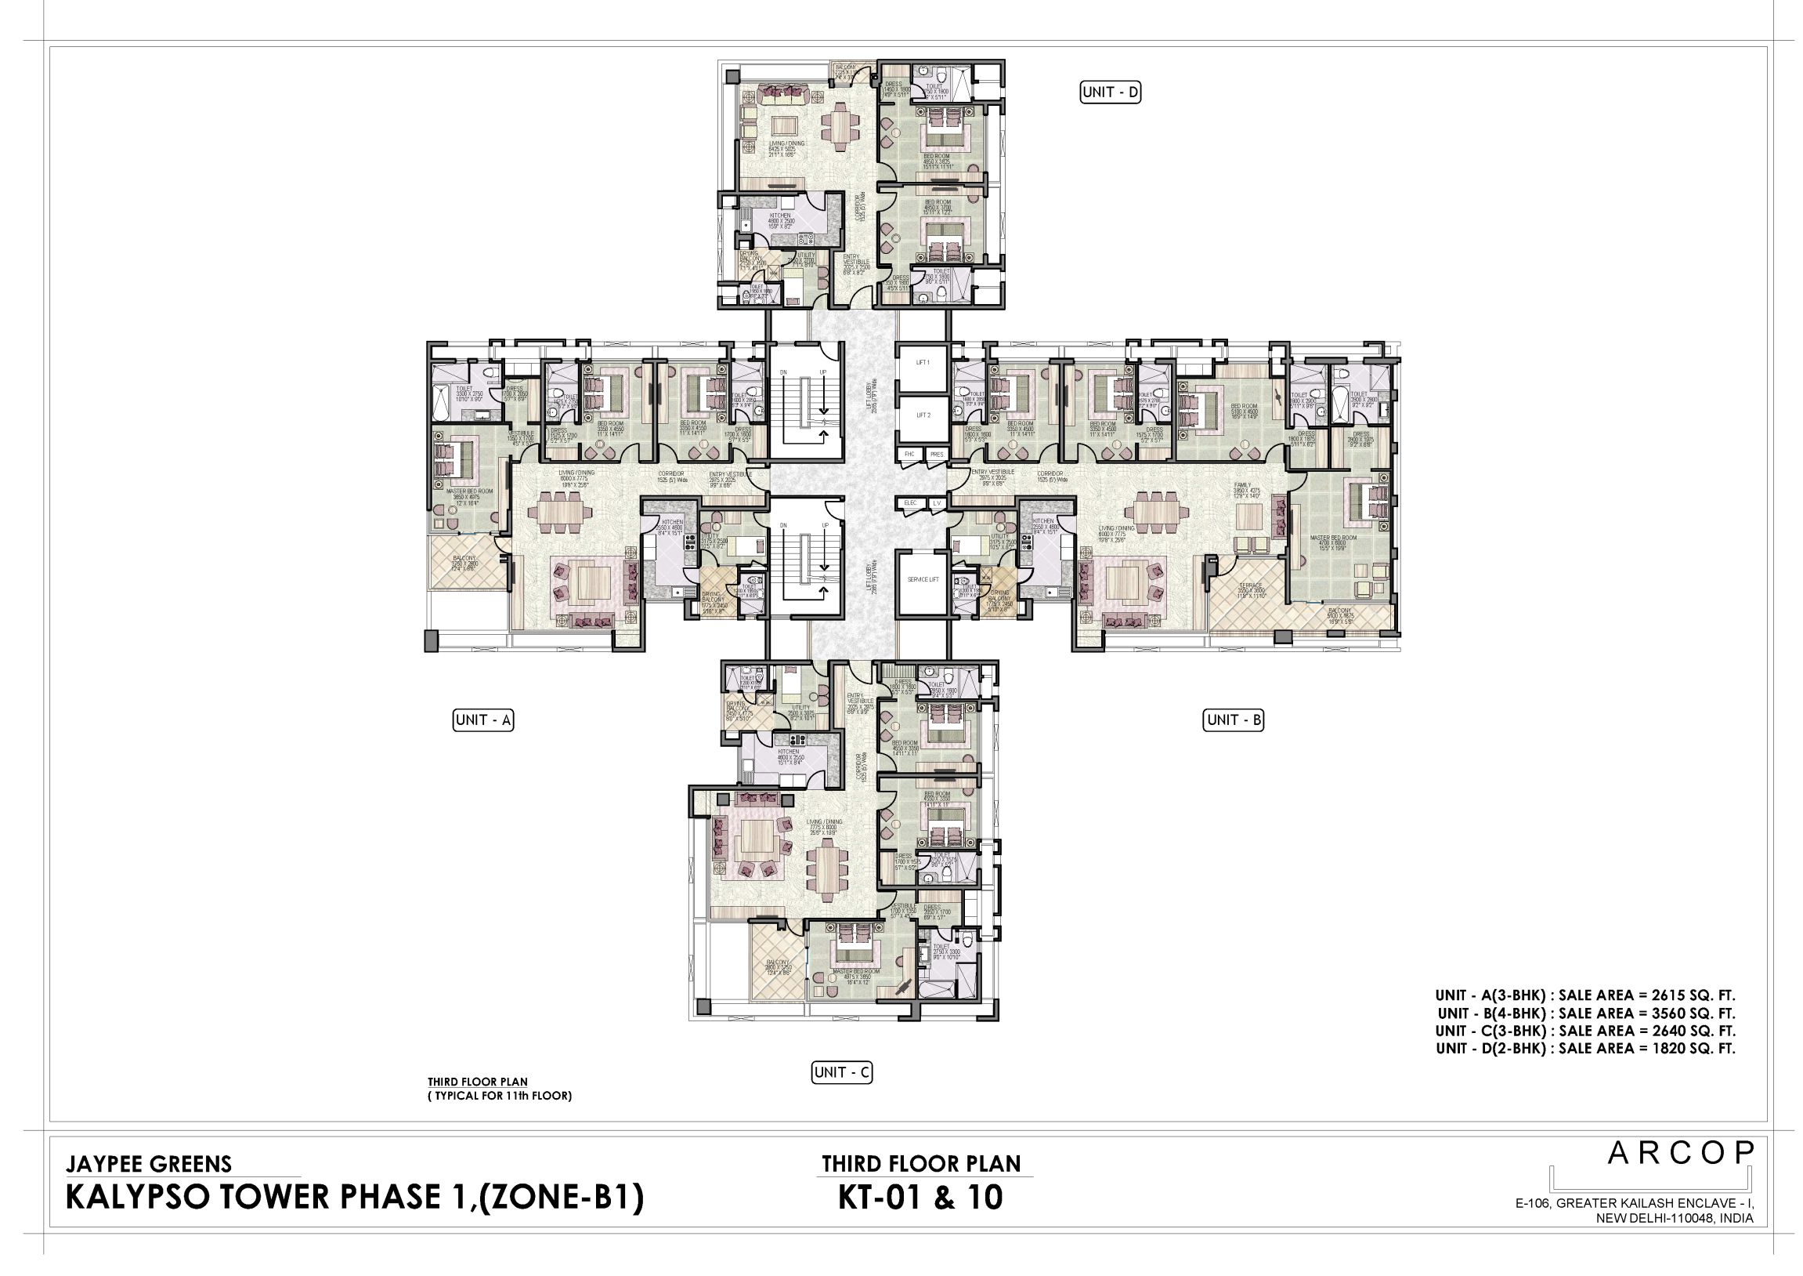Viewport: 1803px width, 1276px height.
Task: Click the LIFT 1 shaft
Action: pos(923,364)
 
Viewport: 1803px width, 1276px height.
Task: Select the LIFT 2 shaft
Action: pos(923,415)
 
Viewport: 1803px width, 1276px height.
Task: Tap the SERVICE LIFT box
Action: pos(923,580)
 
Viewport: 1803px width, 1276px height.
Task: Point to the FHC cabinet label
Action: pos(909,455)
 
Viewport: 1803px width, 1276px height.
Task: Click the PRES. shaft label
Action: pos(936,455)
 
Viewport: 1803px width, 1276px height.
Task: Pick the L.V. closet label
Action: pos(937,503)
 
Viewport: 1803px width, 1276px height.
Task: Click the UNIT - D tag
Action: pos(1111,92)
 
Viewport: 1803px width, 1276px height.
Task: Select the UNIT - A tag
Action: pos(484,720)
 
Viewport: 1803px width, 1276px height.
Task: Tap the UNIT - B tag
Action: pos(1234,720)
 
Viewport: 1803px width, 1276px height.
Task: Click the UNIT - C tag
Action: pos(842,1072)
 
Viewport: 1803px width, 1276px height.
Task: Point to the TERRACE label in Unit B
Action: pos(1250,586)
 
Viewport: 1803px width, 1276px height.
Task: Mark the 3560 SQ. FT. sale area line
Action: pos(1586,1013)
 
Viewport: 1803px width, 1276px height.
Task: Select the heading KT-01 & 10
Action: pos(920,1198)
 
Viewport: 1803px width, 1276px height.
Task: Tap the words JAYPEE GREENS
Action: pos(149,1164)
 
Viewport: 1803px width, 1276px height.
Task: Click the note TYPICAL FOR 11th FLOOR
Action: pos(500,1096)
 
